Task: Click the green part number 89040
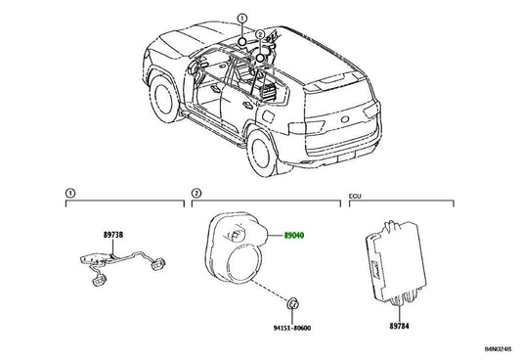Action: click(x=294, y=236)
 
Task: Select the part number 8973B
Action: click(x=113, y=235)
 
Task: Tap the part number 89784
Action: click(x=400, y=326)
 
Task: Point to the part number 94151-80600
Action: click(x=292, y=328)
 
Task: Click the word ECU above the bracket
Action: click(x=355, y=196)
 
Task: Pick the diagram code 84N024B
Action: click(x=498, y=349)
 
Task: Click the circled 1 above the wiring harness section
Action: click(x=70, y=193)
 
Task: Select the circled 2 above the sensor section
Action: click(x=196, y=193)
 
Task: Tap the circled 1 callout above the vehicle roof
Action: click(x=242, y=18)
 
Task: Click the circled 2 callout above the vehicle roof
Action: click(x=260, y=34)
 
